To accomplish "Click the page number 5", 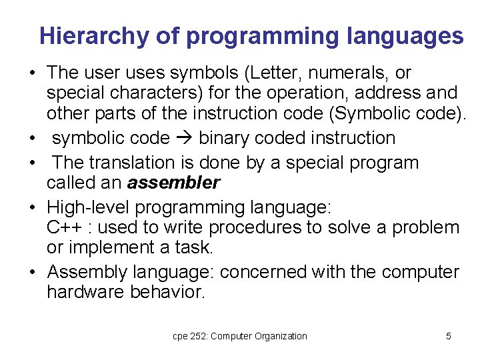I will click(448, 336).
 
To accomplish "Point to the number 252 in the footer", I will click(198, 336).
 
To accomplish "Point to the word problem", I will click(425, 227).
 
